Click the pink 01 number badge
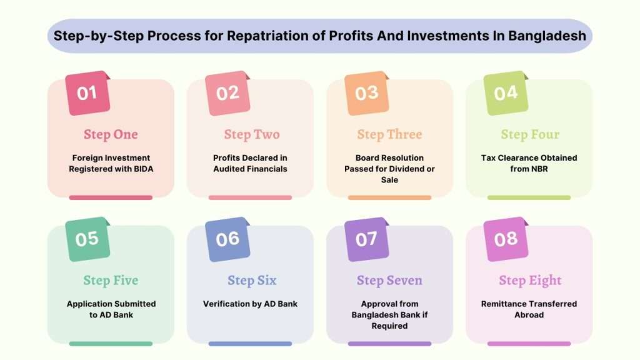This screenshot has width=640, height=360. click(87, 92)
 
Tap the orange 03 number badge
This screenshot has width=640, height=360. click(366, 92)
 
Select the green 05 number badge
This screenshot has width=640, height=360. click(87, 239)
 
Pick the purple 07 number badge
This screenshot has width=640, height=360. click(366, 239)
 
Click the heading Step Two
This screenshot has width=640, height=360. click(252, 134)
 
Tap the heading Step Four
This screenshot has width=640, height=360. click(530, 134)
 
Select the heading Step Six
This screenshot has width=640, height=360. click(252, 281)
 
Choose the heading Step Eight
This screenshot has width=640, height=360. click(530, 281)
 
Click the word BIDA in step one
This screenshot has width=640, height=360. click(143, 169)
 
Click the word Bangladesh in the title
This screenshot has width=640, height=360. click(547, 36)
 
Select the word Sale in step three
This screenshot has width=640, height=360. click(389, 180)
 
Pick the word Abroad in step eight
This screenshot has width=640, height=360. click(529, 315)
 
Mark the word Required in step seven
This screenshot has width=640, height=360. click(389, 326)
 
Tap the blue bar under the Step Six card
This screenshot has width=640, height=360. click(250, 344)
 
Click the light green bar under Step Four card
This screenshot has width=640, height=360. click(529, 197)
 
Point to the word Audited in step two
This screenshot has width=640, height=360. click(229, 169)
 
